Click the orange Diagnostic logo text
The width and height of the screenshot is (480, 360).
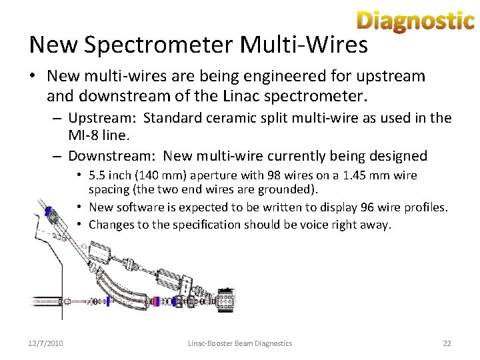click(x=415, y=21)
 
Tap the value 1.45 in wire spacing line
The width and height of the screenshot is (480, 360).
click(x=365, y=176)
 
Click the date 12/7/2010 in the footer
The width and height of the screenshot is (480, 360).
click(x=47, y=343)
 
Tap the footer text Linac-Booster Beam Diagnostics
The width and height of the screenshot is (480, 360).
click(x=240, y=343)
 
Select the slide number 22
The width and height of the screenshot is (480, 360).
click(x=447, y=343)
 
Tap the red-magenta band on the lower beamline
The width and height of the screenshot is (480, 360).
click(x=155, y=301)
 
